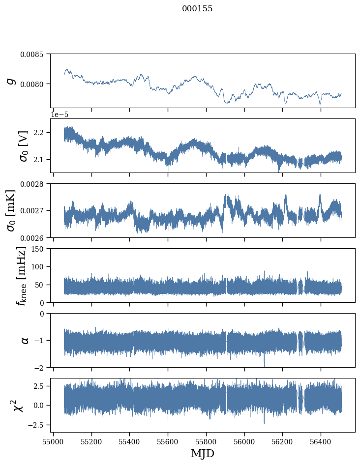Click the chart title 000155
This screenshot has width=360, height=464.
197,9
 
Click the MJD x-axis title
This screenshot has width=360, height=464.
202,453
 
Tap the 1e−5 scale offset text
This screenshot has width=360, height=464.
60,115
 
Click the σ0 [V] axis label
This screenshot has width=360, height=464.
23,145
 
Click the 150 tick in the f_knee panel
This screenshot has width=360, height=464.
39,249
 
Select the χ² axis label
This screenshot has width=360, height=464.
15,405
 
